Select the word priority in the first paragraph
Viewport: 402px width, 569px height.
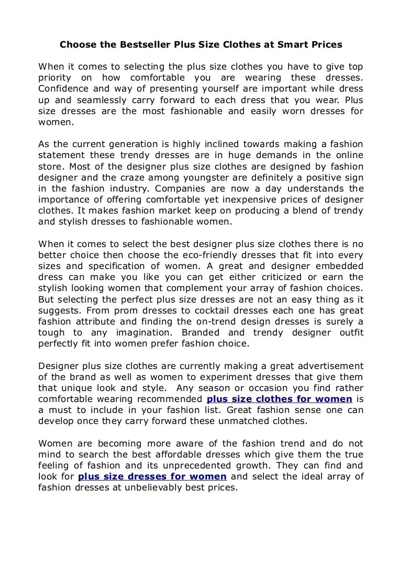(57, 78)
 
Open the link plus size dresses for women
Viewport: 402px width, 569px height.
(152, 476)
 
